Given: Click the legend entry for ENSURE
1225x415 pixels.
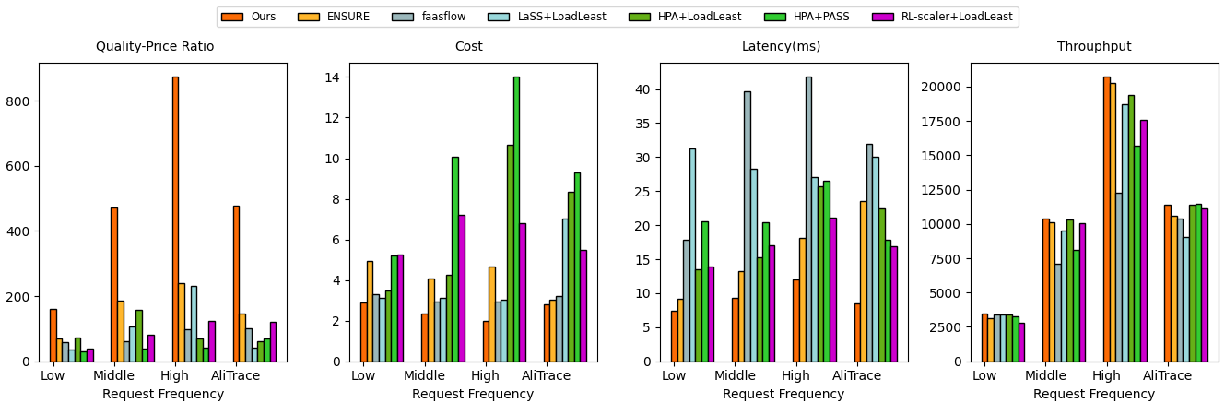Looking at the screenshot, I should point(347,17).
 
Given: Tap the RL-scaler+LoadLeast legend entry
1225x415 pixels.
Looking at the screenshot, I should point(967,17).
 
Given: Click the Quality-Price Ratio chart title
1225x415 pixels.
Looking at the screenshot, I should point(155,47).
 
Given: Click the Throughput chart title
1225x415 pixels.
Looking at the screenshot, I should point(1094,47).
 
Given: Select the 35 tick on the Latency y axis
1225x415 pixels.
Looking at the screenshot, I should point(646,124).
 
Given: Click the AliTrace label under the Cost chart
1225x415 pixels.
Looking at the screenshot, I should point(546,376).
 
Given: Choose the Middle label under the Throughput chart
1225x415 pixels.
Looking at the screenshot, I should point(1045,376).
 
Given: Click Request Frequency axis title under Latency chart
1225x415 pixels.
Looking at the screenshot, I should point(783,395).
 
